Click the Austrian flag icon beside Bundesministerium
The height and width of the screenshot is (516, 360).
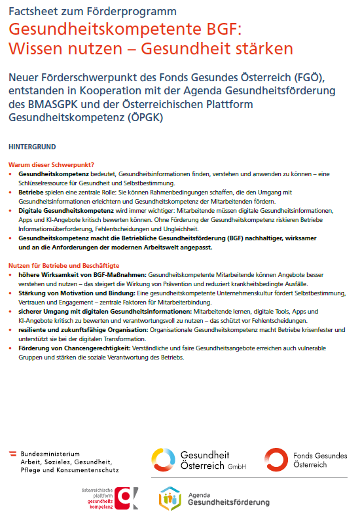pyautogui.click(x=12, y=452)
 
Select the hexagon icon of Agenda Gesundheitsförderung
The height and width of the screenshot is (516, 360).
pyautogui.click(x=170, y=498)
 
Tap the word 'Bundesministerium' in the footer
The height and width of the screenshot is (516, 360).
pyautogui.click(x=50, y=452)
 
